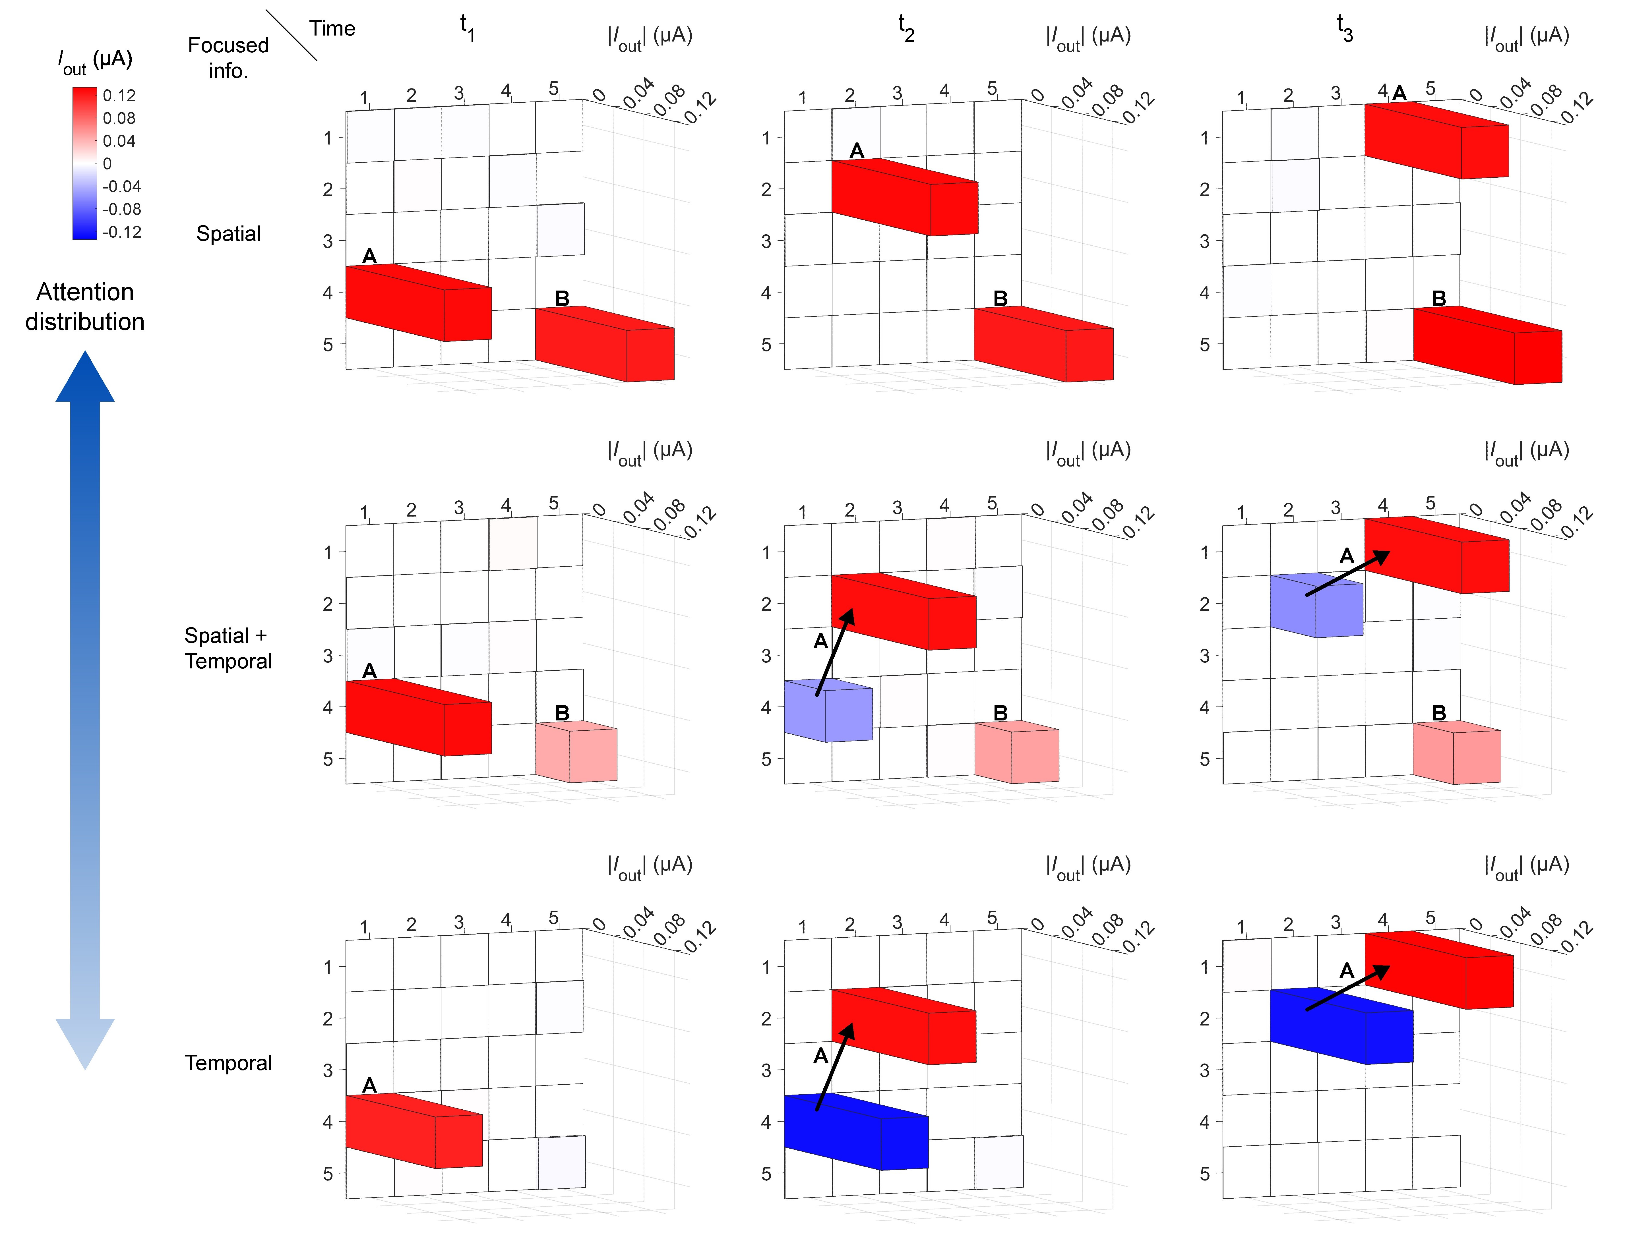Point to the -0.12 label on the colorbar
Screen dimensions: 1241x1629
click(x=122, y=232)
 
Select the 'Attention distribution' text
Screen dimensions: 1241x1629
click(x=85, y=306)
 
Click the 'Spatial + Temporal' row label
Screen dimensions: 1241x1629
click(x=228, y=648)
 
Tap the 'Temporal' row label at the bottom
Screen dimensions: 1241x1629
click(x=228, y=1062)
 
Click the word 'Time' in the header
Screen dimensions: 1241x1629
click(x=332, y=28)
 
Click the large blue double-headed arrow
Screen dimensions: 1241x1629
click(x=85, y=709)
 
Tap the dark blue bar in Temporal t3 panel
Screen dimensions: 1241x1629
click(x=1341, y=1027)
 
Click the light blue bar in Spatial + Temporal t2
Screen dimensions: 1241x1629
click(x=829, y=710)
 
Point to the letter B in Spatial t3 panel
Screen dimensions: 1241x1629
click(x=1438, y=299)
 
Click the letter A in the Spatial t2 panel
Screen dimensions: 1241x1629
click(x=856, y=151)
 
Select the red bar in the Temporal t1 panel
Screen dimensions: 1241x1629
click(x=414, y=1130)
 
